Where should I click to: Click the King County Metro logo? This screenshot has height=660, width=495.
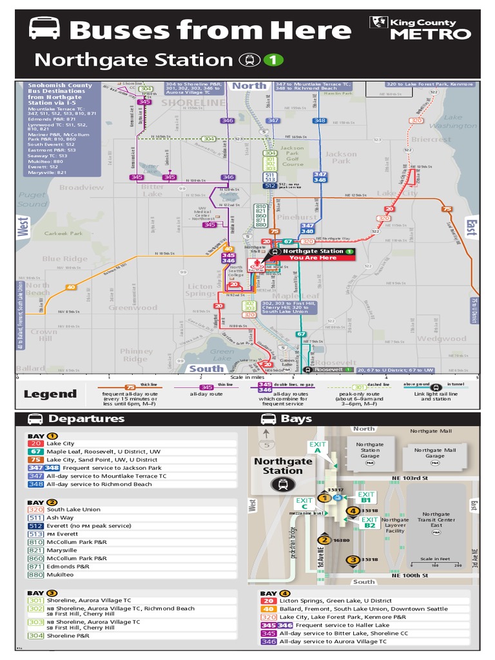click(421, 28)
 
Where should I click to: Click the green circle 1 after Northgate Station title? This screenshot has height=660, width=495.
click(273, 60)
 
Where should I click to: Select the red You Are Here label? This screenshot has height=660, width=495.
click(313, 258)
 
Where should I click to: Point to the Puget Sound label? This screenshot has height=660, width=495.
click(32, 200)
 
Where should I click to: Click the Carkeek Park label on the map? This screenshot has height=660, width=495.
click(64, 233)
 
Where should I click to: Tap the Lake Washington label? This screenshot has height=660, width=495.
click(453, 122)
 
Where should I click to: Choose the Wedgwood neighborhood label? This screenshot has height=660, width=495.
click(441, 338)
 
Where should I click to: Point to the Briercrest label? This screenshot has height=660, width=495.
click(431, 139)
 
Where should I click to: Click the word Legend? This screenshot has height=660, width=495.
click(50, 394)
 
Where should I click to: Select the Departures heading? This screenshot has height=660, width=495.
click(86, 419)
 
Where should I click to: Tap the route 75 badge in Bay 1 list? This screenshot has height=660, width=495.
click(35, 460)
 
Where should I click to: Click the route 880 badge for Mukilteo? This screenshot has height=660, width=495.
click(35, 574)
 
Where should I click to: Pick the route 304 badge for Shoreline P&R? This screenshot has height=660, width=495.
click(35, 636)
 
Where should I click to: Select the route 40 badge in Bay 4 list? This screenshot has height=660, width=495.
click(268, 609)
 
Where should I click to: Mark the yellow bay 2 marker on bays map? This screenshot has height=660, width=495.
click(324, 540)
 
